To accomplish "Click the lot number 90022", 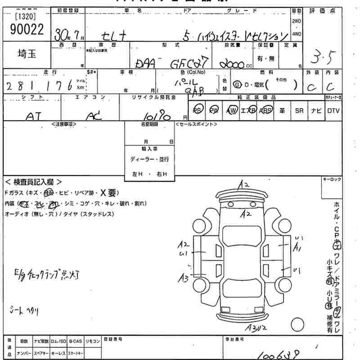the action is (x=27, y=29).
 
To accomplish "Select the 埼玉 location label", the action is (x=27, y=53).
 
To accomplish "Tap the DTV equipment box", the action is (x=333, y=110).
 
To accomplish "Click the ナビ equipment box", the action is (x=315, y=110).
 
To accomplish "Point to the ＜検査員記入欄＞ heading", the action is (x=34, y=183).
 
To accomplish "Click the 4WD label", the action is (x=297, y=34).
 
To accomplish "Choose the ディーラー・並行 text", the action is (x=149, y=160).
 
